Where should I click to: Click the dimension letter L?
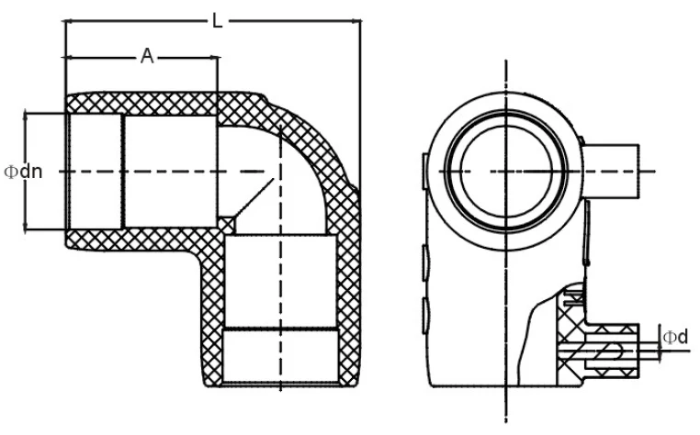click(217, 21)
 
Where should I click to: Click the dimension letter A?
click(145, 57)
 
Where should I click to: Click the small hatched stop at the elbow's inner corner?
click(226, 223)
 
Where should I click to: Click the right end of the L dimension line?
click(359, 21)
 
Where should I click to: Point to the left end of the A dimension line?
click(66, 57)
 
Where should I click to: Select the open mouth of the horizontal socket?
click(69, 172)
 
